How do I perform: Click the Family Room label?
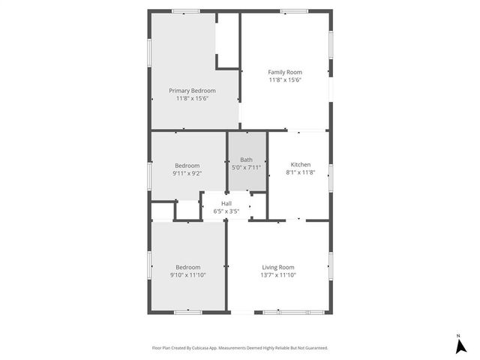click(x=285, y=72)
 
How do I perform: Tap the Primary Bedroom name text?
click(x=187, y=90)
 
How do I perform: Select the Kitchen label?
click(x=300, y=165)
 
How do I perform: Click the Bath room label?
click(x=246, y=160)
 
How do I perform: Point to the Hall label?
click(x=226, y=203)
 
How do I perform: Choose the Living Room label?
click(x=277, y=267)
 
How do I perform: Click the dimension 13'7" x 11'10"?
click(x=277, y=275)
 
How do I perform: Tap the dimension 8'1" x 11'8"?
click(x=300, y=173)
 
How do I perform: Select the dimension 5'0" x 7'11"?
click(x=246, y=167)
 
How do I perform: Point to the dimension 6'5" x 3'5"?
click(x=226, y=211)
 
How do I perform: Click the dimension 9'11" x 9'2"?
click(x=187, y=173)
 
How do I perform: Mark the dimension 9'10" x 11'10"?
click(x=187, y=275)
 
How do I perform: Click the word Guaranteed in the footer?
click(x=313, y=348)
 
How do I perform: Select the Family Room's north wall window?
click(x=293, y=10)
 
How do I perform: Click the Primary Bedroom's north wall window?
click(x=185, y=10)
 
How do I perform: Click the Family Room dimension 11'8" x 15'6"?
click(x=285, y=80)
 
